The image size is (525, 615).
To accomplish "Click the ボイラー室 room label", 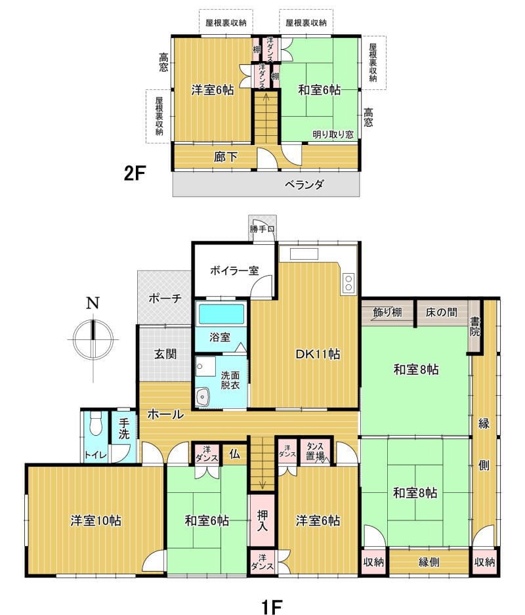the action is point(234,270).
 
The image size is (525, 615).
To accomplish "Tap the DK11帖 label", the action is point(318,354).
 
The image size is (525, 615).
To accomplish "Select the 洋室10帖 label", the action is point(96,521).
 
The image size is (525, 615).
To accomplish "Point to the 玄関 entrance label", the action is point(165,354).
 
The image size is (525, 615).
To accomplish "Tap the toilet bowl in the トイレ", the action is point(95,425).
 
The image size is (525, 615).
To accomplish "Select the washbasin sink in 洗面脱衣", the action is point(203,398).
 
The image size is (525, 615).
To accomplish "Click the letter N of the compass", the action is point(93,303).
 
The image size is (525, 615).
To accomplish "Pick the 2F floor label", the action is point(135,173).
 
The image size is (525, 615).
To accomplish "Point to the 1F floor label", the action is point(272,606).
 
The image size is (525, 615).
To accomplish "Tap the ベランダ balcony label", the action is point(304,184).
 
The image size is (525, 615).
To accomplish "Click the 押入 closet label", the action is point(262,520).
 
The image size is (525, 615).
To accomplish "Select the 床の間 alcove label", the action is point(442,312).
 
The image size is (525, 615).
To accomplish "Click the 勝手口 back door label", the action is point(262,228).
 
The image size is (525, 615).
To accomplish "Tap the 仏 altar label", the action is point(234,455).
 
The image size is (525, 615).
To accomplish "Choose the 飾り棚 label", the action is point(387,312).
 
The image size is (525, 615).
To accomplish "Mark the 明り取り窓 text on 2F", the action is point(333,134).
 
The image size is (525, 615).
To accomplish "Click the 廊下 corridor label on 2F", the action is point(226,157).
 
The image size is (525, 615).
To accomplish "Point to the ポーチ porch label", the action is point(165,299).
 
